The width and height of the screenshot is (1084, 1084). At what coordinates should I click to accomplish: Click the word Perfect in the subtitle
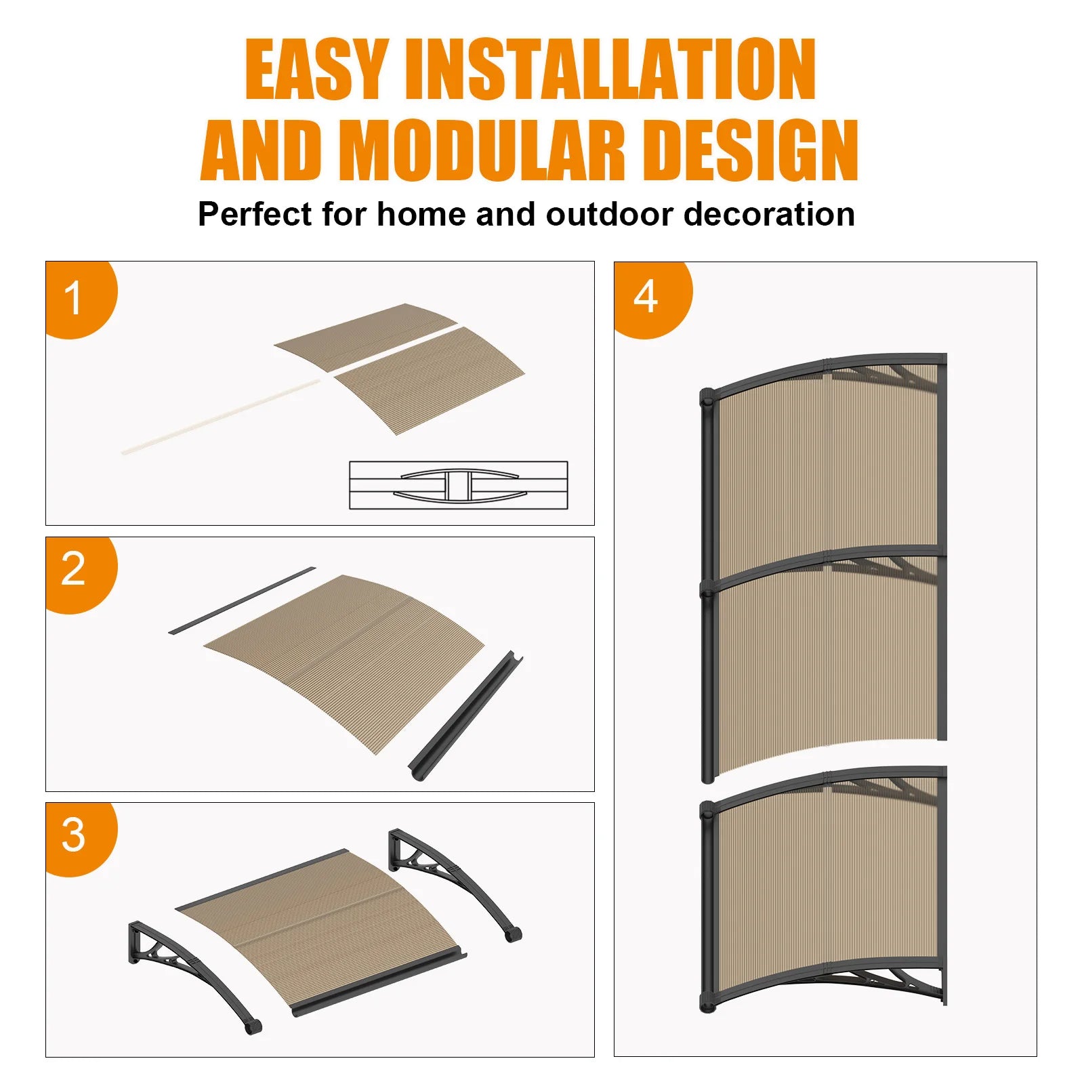pos(256,214)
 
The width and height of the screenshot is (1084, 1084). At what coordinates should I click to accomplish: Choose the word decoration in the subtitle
pos(769,214)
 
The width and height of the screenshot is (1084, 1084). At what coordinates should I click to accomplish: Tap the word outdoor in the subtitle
pos(610,214)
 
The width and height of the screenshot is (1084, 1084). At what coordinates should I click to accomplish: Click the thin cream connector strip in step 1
pos(221,416)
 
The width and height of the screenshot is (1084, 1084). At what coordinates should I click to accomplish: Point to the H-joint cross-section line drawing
pos(459,485)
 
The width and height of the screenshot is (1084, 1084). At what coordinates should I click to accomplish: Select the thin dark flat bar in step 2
pos(242,600)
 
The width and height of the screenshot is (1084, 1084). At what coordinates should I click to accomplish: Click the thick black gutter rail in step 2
pos(466,716)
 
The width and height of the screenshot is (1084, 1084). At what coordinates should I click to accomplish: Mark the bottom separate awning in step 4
pos(824,890)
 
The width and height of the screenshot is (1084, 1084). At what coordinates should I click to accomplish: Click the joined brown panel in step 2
pos(344,664)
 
